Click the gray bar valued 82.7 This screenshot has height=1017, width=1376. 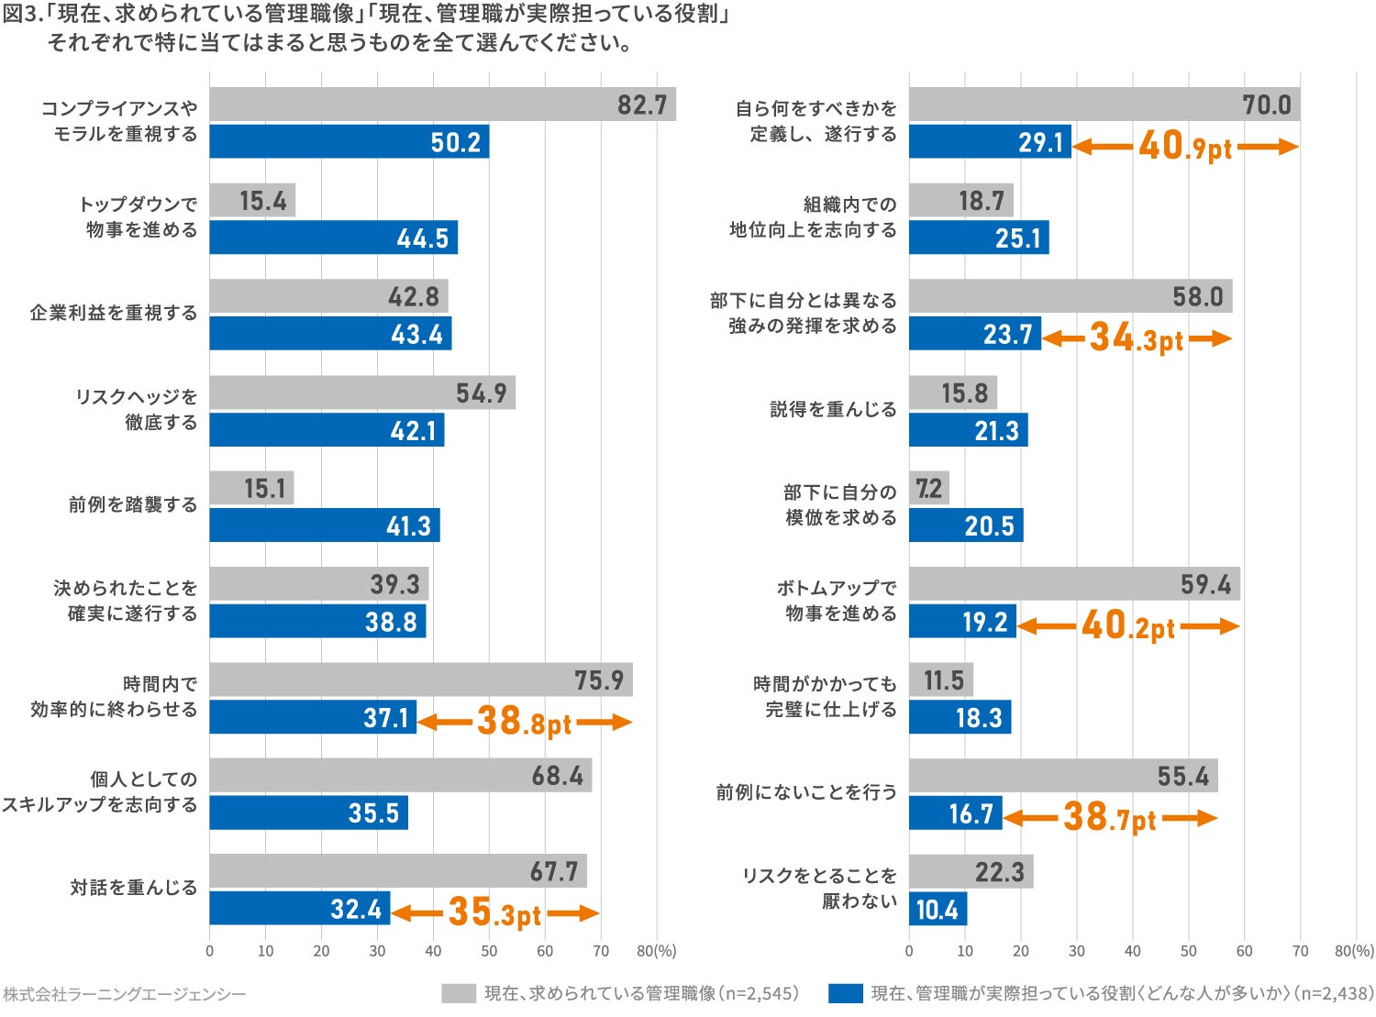(x=442, y=105)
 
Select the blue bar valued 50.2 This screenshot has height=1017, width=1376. (x=349, y=142)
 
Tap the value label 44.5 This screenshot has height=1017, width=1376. (x=423, y=238)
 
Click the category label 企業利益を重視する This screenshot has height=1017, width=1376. (x=114, y=313)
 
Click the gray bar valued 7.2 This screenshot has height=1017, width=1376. (x=929, y=488)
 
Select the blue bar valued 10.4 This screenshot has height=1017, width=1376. (x=938, y=910)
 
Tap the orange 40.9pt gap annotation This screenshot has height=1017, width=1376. (x=1185, y=146)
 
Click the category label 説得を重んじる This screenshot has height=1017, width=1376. (x=833, y=409)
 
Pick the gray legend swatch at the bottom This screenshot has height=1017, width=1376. (x=458, y=993)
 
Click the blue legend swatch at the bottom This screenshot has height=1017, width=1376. (x=845, y=993)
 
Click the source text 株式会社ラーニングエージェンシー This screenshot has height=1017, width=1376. (x=125, y=994)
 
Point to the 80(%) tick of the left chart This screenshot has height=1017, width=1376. (x=656, y=951)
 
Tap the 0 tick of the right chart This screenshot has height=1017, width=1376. (x=909, y=951)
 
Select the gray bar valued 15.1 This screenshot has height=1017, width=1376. (x=251, y=488)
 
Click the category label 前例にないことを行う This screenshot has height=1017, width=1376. (x=806, y=791)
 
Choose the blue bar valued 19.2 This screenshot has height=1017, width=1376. (x=962, y=622)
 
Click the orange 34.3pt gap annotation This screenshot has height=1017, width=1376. (x=1137, y=338)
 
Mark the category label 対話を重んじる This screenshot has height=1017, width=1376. (x=134, y=888)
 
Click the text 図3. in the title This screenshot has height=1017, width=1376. (x=23, y=16)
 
